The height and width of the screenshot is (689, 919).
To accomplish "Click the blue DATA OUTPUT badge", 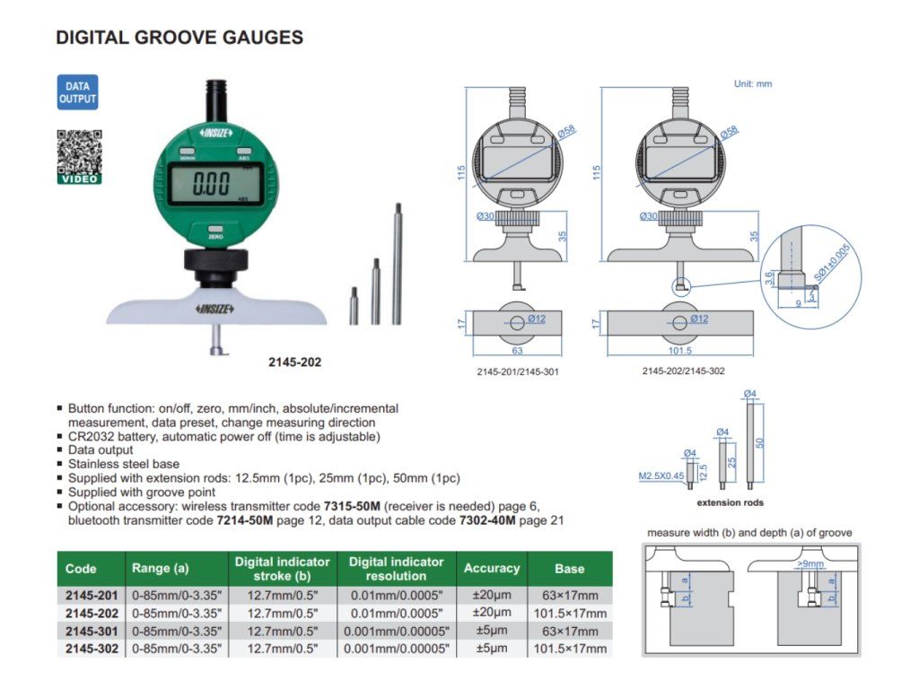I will [77, 92].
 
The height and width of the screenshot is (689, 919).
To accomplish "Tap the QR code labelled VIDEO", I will [79, 153].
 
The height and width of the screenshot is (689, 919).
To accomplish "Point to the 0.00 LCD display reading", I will [212, 185].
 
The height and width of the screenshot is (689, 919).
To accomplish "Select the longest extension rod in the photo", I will [396, 265].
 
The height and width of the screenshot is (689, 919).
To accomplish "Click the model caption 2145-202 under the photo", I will [294, 362].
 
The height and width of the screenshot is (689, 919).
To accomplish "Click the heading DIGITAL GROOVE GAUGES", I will [179, 38].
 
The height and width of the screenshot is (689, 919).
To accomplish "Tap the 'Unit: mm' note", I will [752, 83].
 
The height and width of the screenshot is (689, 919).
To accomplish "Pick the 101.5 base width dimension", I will [679, 351].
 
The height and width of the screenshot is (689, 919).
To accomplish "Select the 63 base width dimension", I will [517, 351].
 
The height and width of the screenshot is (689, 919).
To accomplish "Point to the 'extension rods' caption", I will [730, 502].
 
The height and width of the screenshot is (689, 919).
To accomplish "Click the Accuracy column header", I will [491, 568].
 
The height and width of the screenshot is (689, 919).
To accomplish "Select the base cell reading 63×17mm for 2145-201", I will [569, 595].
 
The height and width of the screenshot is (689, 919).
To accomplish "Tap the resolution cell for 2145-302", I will [396, 649].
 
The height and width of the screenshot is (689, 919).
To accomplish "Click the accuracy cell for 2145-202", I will [491, 613].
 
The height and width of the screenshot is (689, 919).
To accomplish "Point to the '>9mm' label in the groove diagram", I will [810, 565].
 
